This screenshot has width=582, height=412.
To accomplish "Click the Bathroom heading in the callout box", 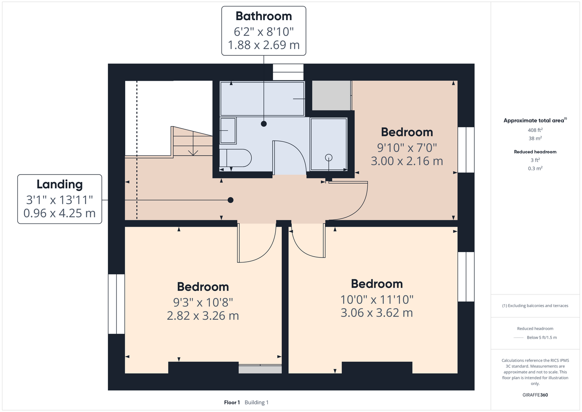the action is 264,16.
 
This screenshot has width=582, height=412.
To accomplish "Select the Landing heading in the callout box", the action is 59,184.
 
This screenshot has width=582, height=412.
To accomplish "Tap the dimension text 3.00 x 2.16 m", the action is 407,161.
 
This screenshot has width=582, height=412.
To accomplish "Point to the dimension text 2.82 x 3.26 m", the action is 203,316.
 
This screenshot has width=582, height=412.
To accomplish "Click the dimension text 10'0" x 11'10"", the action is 377,300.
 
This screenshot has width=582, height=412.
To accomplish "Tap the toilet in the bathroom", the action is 236,158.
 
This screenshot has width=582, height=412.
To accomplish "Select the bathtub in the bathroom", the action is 262,99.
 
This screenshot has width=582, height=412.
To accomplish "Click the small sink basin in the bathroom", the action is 228,131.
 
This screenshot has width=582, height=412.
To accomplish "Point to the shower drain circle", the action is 329,157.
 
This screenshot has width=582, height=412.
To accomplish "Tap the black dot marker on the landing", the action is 231,200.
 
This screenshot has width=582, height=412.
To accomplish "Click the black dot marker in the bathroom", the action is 264,124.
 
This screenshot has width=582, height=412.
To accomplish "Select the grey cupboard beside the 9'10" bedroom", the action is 331,96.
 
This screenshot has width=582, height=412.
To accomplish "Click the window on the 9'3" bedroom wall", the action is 117,304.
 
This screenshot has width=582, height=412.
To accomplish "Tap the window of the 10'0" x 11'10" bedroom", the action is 466,276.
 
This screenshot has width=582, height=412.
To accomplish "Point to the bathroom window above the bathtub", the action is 288,72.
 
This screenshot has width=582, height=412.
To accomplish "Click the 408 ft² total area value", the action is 535,130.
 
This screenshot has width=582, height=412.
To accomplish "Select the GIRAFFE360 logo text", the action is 535,395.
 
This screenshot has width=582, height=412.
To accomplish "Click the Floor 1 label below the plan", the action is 232,403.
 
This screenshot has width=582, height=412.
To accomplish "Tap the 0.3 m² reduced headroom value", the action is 535,168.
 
